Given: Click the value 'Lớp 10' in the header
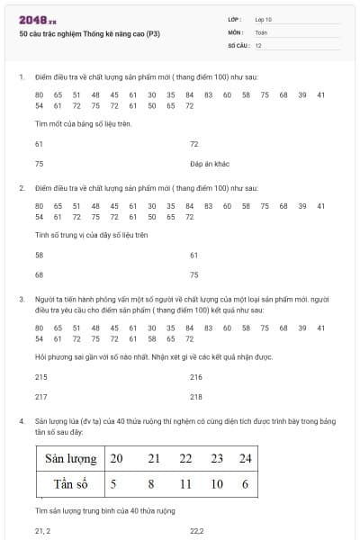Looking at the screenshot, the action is pos(264,19).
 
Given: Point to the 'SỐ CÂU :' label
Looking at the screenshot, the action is pos(238,44).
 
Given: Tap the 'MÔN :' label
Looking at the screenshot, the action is pos(237,31).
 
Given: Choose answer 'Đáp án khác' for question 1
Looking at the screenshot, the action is pos(211,164).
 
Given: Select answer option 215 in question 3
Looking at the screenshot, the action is pos(40,377).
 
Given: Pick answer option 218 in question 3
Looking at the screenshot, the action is pos(196,396).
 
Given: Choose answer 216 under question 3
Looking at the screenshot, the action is pos(196,377).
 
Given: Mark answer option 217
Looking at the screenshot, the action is pos(40,396).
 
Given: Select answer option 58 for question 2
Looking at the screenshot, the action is pos(39,255).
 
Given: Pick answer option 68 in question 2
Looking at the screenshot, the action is pos(39,274).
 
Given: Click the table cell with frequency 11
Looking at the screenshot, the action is pos(186,484).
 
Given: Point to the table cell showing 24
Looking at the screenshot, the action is pos(245,458).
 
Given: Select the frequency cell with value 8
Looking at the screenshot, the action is pos(152,484).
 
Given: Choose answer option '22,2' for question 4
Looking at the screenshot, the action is pos(197,532).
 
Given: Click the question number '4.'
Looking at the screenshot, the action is pos(22,420).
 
